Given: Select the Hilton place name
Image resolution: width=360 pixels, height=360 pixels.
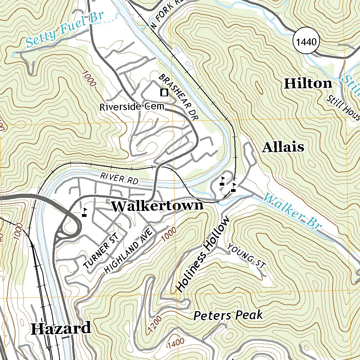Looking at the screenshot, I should (308, 84).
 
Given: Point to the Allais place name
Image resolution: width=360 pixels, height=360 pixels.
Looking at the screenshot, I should (283, 147).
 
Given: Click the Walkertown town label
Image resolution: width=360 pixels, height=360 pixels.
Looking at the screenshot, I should (157, 206).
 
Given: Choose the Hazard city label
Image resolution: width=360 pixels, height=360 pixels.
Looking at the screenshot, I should (61, 329).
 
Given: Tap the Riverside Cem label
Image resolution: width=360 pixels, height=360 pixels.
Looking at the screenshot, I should (132, 107).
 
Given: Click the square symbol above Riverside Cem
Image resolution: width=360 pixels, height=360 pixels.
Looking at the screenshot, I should (163, 93).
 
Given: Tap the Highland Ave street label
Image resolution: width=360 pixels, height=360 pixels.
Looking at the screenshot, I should (130, 251).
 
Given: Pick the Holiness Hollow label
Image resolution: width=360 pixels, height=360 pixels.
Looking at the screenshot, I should (203, 254).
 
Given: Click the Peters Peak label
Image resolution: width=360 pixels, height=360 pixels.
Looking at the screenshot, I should (228, 315).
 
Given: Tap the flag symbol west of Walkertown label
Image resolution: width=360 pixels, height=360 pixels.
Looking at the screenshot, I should (84, 212).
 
